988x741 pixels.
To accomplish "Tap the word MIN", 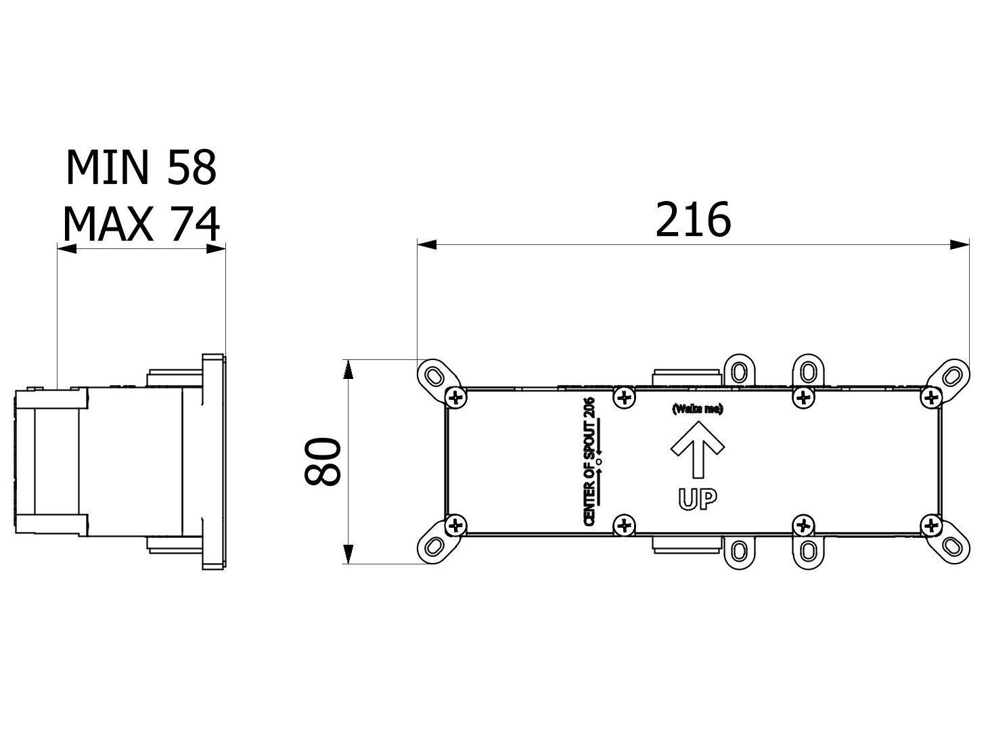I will pos(107,168).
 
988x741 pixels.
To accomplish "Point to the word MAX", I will pos(107,225).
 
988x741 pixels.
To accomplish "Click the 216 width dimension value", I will pos(693,220).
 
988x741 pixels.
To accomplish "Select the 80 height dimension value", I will pos(322,462).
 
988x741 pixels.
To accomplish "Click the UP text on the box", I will pos(698,499).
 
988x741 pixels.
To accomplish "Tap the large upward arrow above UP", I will pos(698,447).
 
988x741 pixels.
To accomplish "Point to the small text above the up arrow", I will pos(698,409).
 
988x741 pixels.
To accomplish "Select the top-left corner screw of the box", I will pos(455,397).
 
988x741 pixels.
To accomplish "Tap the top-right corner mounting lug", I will pos(949,374).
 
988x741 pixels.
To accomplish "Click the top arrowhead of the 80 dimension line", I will pos(348,369).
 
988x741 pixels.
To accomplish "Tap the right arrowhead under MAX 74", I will pos(216,248).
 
